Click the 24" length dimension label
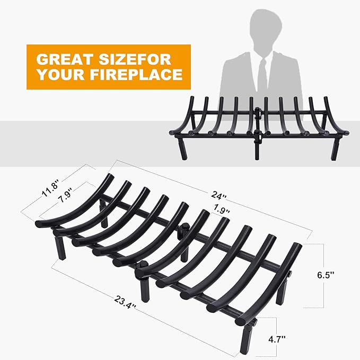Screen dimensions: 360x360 219,196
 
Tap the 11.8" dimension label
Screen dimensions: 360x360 50,188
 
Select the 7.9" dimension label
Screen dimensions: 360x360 66,195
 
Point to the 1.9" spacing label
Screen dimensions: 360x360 222,209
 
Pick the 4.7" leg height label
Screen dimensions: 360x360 277,339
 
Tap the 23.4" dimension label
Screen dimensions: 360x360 125,302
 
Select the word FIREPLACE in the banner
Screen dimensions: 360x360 136,74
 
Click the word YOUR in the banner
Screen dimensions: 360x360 61,74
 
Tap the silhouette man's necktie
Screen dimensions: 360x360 262,74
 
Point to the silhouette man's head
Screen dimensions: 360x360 266,30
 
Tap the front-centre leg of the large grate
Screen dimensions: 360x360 145,289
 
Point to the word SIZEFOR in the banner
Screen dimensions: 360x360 135,59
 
